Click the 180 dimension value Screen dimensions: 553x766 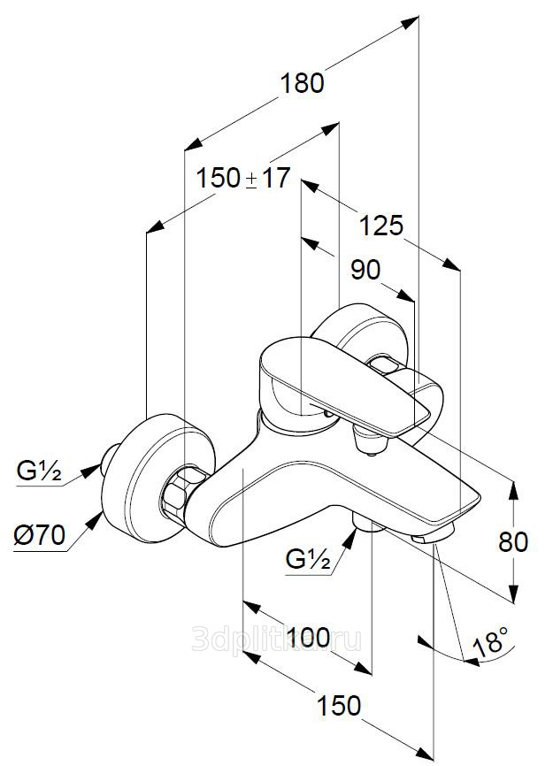coord(302,82)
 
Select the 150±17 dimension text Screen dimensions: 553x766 coord(242,177)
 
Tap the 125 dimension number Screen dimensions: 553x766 coord(381,226)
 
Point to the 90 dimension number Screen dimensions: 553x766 coord(365,270)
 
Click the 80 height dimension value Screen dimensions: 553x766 coord(513,541)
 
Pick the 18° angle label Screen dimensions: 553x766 coord(491,641)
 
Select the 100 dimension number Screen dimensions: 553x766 coord(308,637)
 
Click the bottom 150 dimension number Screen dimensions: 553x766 coord(339,705)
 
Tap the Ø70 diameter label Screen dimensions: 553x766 coord(40,535)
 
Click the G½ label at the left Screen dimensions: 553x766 coord(39,471)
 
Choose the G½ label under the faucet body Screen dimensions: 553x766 coord(308,559)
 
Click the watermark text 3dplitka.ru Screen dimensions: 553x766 coord(276,639)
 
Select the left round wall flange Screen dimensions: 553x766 coord(158,479)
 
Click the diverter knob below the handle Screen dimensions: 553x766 coord(371,440)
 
